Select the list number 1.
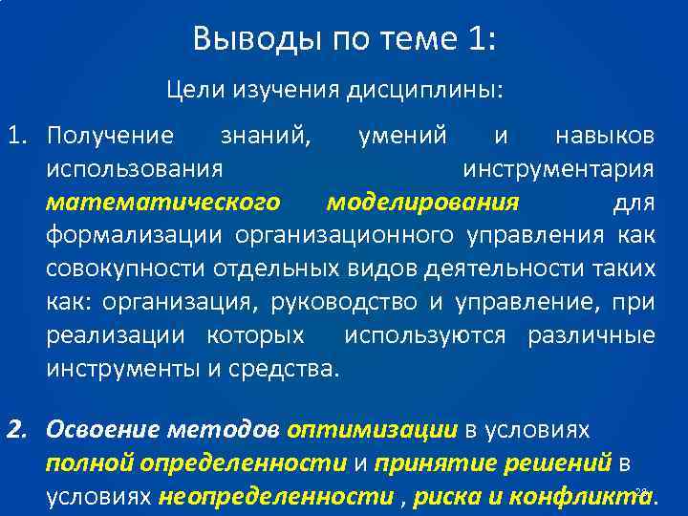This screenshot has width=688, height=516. click(18, 137)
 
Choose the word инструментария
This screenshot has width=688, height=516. click(559, 169)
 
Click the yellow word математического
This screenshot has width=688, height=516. click(162, 203)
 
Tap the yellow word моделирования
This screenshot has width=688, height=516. click(422, 203)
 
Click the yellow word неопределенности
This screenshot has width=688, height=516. click(276, 497)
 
